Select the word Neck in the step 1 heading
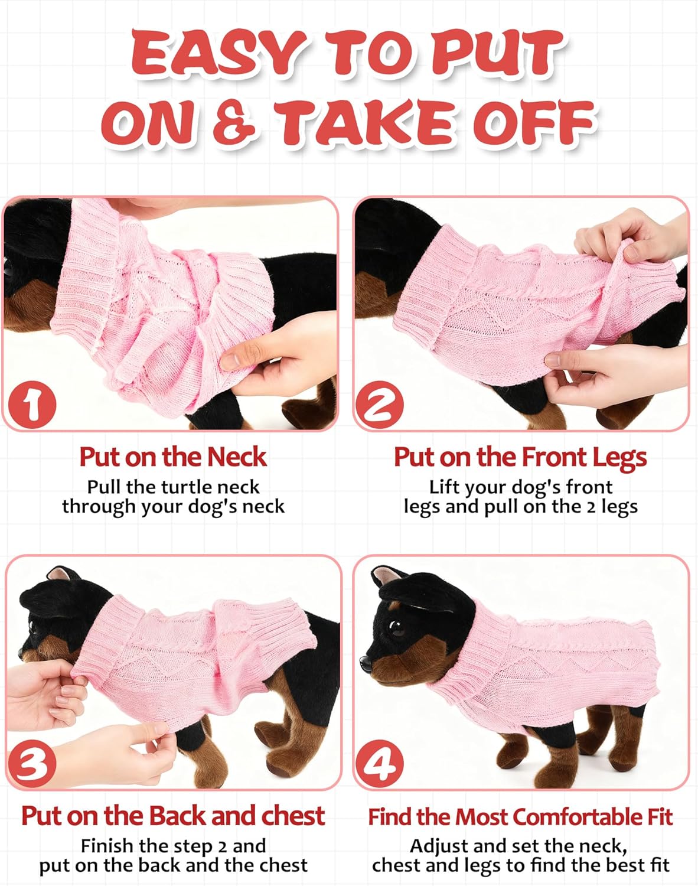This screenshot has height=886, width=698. tap(236, 457)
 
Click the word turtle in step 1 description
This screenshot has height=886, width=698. tap(187, 487)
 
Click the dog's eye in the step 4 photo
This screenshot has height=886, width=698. tap(397, 628)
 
